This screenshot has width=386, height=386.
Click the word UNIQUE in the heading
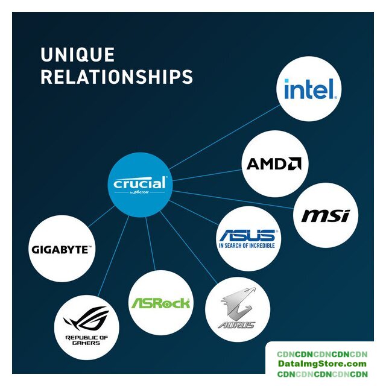77,55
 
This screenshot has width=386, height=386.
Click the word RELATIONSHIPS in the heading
116,77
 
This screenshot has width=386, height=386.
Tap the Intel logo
309,90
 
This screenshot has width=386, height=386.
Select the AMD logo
274,164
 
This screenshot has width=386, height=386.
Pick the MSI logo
329,215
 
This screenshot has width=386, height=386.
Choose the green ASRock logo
160,302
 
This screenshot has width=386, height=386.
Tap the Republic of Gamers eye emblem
86,318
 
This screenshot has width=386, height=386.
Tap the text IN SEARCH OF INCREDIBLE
247,246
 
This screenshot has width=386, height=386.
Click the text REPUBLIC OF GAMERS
86,341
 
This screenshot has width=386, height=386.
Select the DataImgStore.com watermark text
322,364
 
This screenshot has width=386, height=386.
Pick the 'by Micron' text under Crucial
139,193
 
